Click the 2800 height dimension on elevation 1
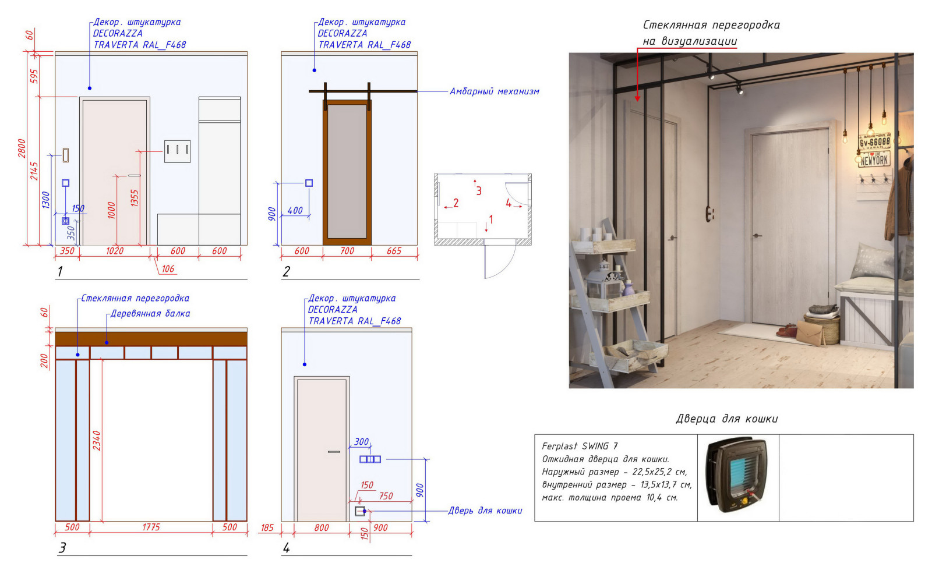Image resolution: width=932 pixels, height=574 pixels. [22, 148]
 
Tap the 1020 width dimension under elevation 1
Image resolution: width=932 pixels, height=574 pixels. [115, 251]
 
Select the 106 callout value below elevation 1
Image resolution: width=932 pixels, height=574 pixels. [168, 269]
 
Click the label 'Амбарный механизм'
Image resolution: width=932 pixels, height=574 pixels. [494, 91]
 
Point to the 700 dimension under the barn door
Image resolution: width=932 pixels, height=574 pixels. [347, 251]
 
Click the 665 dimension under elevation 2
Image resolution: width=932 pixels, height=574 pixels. [394, 251]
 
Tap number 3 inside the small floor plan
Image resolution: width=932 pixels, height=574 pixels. [479, 191]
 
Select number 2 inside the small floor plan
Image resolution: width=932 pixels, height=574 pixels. [456, 203]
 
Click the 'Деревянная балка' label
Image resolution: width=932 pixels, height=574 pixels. [150, 314]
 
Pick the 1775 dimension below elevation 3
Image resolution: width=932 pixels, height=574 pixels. [151, 527]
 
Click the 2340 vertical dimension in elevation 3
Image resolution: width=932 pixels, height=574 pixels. [97, 441]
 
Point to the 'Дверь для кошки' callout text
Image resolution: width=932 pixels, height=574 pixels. [485, 511]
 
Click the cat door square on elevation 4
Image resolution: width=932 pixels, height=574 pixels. [360, 511]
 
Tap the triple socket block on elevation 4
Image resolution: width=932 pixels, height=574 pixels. [370, 459]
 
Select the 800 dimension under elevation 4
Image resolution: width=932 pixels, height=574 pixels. [322, 528]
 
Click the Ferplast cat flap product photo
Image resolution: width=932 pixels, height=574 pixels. [737, 476]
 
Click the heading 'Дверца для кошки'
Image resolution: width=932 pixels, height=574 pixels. [726, 419]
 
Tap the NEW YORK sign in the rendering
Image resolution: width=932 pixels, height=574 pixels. [874, 160]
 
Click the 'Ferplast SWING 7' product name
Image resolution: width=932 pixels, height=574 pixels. [580, 446]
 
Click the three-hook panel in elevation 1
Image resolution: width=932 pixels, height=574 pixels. [177, 151]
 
